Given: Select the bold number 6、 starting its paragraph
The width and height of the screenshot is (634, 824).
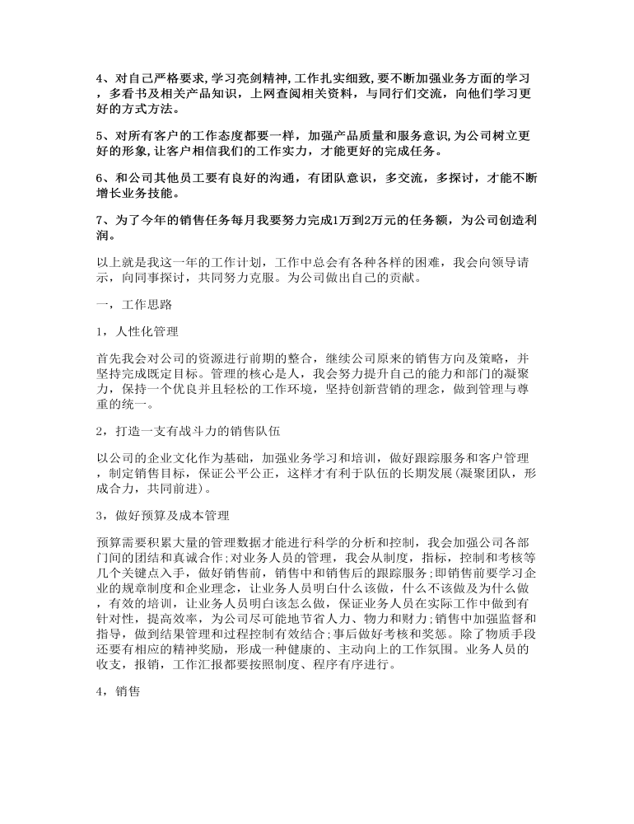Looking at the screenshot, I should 102,180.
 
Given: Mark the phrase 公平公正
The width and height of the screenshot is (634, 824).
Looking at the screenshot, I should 287,474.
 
